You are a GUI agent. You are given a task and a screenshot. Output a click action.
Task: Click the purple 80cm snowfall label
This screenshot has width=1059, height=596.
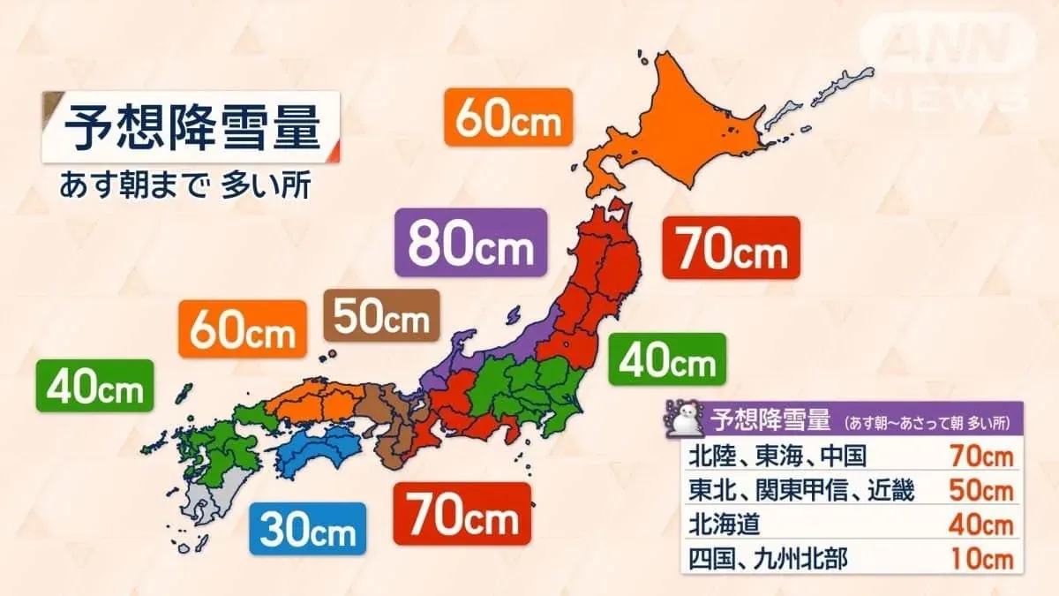(469, 243)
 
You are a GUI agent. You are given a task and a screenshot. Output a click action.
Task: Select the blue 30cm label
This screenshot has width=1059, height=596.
(306, 528)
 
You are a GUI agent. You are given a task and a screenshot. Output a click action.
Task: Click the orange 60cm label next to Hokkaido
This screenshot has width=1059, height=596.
(509, 117)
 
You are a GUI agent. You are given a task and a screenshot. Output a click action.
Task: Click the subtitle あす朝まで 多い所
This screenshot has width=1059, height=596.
(184, 187)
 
